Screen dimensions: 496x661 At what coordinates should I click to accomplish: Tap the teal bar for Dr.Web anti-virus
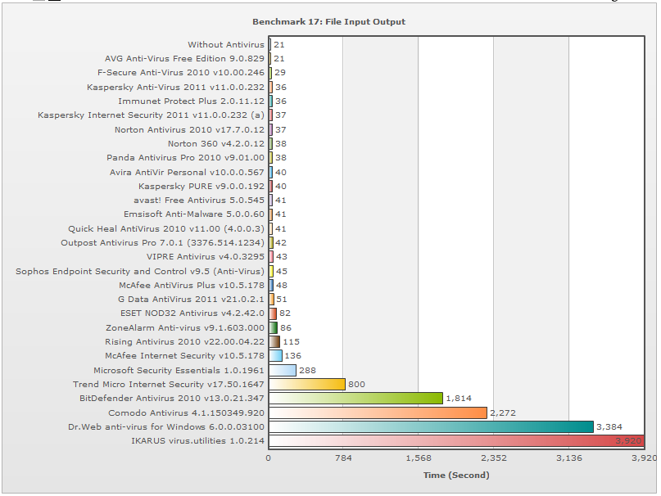click(x=431, y=426)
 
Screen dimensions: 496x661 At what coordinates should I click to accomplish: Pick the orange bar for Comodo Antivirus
click(x=378, y=413)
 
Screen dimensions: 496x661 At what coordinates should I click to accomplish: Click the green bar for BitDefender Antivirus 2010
click(x=355, y=398)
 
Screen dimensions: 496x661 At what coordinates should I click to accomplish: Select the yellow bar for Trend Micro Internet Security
click(x=307, y=384)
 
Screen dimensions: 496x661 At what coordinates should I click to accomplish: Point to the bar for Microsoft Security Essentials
click(x=283, y=370)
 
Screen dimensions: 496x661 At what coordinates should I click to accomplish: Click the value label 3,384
click(x=609, y=426)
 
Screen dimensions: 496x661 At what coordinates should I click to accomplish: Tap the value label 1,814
click(x=460, y=399)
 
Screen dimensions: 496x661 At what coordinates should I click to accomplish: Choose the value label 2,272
click(x=503, y=413)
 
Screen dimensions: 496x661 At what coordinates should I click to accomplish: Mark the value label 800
click(x=356, y=384)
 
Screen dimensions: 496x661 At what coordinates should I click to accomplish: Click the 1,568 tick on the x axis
click(x=419, y=458)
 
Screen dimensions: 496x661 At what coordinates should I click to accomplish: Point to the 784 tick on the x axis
click(x=344, y=458)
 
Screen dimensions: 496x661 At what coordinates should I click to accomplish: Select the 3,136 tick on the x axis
click(x=569, y=458)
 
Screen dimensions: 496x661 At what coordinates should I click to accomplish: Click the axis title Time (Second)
click(x=456, y=475)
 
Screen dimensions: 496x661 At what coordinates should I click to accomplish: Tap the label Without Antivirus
click(x=226, y=44)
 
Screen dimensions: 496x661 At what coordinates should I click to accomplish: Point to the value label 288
click(x=307, y=370)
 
